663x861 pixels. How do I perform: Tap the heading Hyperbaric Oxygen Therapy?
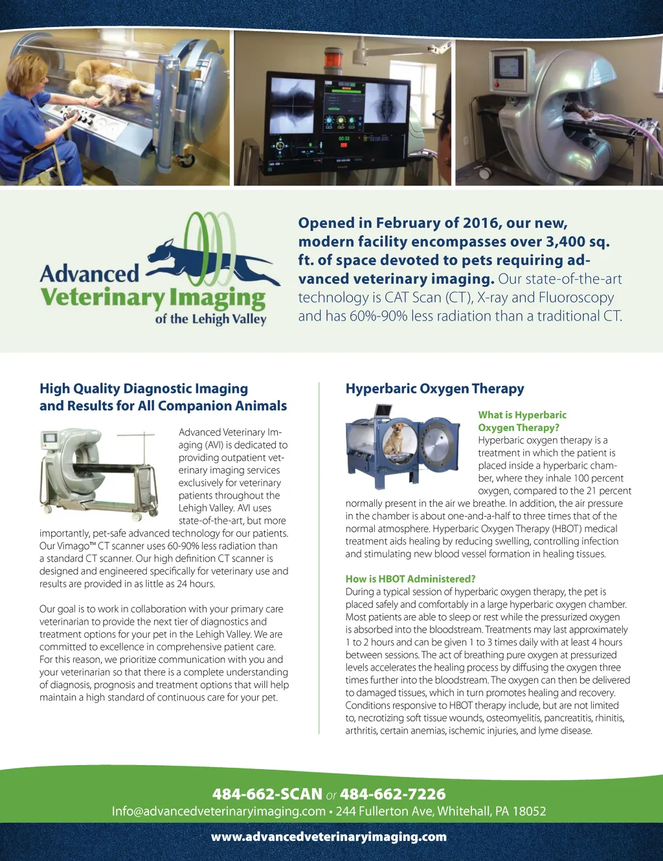pyautogui.click(x=434, y=388)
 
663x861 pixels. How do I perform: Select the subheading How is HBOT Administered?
pyautogui.click(x=410, y=579)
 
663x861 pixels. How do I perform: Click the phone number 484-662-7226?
pyautogui.click(x=392, y=794)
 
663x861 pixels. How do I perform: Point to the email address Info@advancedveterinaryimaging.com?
pyautogui.click(x=218, y=811)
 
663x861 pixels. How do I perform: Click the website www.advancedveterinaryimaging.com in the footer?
pyautogui.click(x=329, y=836)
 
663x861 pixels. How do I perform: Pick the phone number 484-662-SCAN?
pyautogui.click(x=267, y=794)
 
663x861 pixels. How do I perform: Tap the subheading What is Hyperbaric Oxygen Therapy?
pyautogui.click(x=522, y=421)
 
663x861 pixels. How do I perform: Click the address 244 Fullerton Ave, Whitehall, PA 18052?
pyautogui.click(x=441, y=811)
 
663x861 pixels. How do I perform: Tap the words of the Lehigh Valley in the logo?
pyautogui.click(x=210, y=319)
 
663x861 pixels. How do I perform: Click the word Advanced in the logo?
pyautogui.click(x=89, y=274)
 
